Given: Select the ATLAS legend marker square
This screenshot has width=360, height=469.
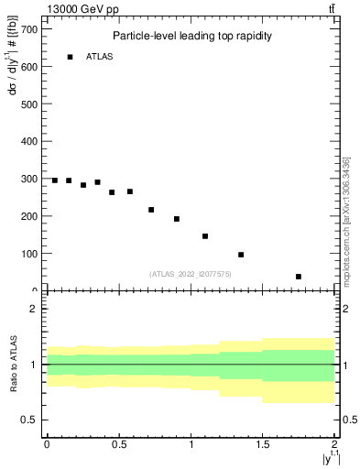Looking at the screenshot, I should [x=70, y=57].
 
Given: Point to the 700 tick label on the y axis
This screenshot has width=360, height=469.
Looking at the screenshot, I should [x=29, y=29].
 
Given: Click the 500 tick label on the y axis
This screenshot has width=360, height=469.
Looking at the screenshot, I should [x=29, y=104].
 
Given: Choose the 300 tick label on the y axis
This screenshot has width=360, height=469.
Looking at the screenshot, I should [x=29, y=179].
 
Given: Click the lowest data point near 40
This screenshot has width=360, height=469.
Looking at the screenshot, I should [x=299, y=277].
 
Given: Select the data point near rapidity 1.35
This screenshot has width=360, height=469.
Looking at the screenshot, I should [x=241, y=255].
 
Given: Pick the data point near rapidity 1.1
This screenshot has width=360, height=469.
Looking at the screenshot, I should [x=205, y=236].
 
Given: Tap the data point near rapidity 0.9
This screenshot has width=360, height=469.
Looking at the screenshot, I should [x=177, y=219].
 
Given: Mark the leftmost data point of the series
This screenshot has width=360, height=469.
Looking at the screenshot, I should [x=55, y=180].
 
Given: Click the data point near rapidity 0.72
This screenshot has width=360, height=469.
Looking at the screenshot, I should [x=151, y=210].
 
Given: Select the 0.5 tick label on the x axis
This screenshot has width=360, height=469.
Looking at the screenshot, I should [x=118, y=444].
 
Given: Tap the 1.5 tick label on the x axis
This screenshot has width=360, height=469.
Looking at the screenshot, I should [x=262, y=444].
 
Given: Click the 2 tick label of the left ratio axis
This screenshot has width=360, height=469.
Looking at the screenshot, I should [x=34, y=309].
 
